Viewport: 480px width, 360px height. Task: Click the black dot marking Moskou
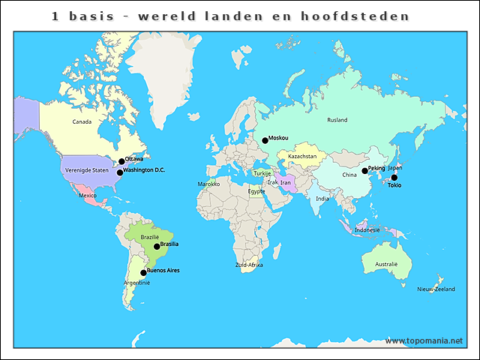[265, 140]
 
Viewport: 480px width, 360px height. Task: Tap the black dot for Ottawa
[121, 161]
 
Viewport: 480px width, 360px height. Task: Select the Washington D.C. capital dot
[119, 172]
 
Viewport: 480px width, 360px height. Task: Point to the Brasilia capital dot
[157, 246]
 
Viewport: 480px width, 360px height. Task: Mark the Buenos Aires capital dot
[143, 273]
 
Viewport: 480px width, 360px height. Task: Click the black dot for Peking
[365, 171]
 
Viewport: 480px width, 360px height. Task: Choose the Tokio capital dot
[394, 178]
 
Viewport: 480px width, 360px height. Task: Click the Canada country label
[82, 121]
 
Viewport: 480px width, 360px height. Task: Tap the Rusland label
[337, 120]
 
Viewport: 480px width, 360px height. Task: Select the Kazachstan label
[301, 156]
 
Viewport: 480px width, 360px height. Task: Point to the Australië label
[386, 264]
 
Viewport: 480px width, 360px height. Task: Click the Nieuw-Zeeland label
[436, 289]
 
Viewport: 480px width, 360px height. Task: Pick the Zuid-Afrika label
[249, 265]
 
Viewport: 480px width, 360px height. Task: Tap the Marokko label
[208, 184]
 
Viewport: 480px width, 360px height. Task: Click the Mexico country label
[88, 196]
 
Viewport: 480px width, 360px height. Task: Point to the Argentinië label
[137, 283]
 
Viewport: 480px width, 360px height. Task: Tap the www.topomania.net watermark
[424, 340]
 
